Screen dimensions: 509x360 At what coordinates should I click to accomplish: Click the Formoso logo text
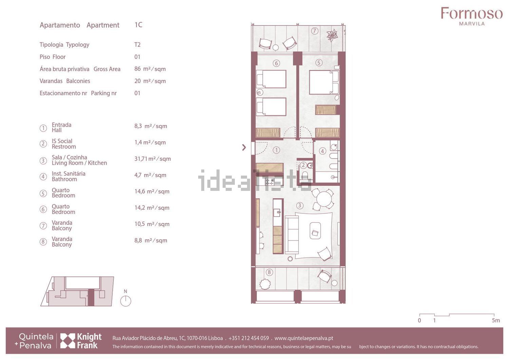click(x=472, y=13)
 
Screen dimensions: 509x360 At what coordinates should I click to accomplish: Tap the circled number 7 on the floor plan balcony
click(x=314, y=31)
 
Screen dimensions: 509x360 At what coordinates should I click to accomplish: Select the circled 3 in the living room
click(x=300, y=205)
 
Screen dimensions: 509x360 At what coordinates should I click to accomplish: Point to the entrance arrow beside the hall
click(x=244, y=147)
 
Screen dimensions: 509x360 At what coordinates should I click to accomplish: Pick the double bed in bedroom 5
click(x=324, y=82)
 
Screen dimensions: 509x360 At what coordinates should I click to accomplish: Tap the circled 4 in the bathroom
click(x=322, y=151)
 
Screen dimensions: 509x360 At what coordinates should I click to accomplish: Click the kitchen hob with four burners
click(x=269, y=182)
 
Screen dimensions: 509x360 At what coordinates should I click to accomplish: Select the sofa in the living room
click(x=292, y=235)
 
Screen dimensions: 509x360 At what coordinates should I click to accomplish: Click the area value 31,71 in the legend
click(x=141, y=159)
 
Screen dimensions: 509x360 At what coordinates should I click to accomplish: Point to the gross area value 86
click(x=137, y=69)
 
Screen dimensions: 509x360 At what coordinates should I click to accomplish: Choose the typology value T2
click(x=137, y=44)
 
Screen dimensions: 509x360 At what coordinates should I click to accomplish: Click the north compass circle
click(x=126, y=301)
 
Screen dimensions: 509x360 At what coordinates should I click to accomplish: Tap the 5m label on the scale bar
click(x=496, y=320)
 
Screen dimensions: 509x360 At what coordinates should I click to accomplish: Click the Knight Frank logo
click(x=81, y=341)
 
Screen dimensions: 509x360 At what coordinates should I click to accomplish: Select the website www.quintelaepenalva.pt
click(x=304, y=338)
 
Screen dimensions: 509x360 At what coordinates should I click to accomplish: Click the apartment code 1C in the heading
click(x=138, y=25)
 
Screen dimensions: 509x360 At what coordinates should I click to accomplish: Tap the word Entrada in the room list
click(x=61, y=125)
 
